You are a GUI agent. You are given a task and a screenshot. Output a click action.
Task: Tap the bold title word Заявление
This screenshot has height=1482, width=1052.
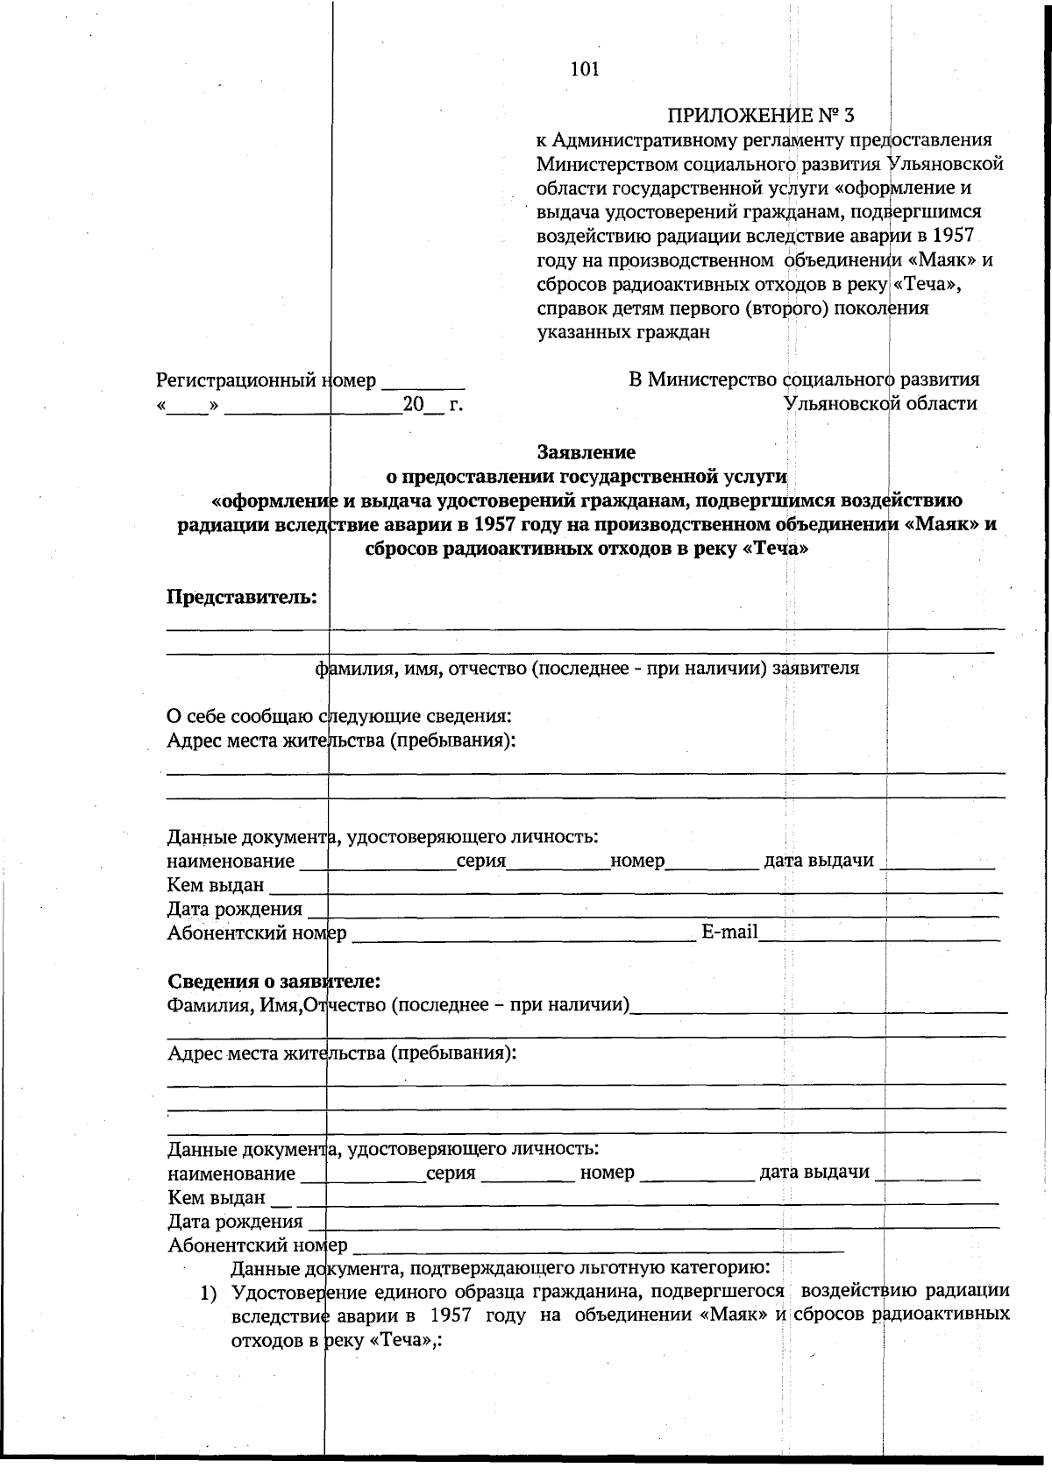click(x=586, y=452)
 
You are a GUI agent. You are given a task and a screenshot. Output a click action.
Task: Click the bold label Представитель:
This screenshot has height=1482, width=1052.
click(x=242, y=597)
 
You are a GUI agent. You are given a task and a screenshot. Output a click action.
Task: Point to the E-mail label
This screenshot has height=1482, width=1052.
click(x=729, y=932)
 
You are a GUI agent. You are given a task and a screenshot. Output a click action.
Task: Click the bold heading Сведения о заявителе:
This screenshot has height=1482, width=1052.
click(x=274, y=980)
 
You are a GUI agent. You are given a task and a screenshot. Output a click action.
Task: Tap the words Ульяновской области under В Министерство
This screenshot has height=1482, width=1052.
click(x=880, y=403)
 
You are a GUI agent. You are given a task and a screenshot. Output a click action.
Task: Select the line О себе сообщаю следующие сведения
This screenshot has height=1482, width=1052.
click(x=339, y=716)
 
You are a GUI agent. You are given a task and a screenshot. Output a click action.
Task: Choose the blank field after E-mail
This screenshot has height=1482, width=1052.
click(x=878, y=934)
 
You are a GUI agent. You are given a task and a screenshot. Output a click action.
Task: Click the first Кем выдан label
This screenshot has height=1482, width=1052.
click(x=216, y=884)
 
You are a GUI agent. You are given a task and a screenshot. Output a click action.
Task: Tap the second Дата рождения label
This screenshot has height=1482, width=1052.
click(x=235, y=1221)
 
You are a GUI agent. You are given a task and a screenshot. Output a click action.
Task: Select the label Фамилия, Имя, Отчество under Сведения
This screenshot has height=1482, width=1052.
click(x=399, y=1004)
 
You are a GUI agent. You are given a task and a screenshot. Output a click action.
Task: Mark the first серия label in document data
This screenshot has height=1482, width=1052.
click(x=480, y=861)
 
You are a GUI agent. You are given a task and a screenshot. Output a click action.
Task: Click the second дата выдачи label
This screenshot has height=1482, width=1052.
click(x=814, y=1172)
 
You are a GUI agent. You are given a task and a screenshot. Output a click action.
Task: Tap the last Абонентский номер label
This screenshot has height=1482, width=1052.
click(x=257, y=1244)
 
